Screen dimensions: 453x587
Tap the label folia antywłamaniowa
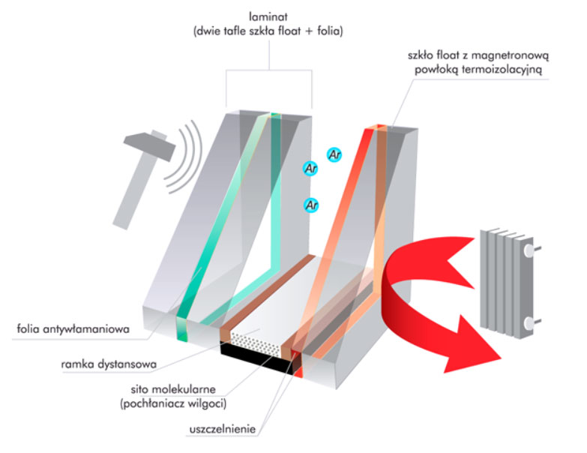pyautogui.click(x=66, y=328)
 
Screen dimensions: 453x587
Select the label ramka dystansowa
pyautogui.click(x=109, y=365)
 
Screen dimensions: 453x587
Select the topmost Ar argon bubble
pyautogui.click(x=335, y=154)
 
